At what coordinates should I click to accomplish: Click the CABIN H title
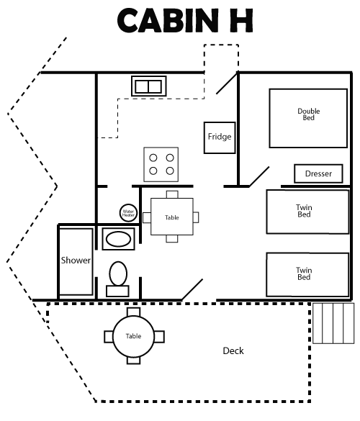(185, 20)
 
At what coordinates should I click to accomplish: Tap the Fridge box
(220, 137)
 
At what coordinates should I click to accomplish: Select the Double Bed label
(309, 114)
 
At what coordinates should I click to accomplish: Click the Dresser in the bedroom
(318, 173)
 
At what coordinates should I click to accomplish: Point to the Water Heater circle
(128, 213)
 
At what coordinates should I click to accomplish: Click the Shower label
(76, 261)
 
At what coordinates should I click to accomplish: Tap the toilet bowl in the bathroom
(118, 273)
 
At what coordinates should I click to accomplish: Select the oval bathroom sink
(118, 239)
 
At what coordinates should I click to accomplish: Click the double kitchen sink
(148, 86)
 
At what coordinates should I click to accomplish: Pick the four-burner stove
(161, 164)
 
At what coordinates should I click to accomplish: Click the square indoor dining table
(172, 217)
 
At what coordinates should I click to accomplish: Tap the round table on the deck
(133, 336)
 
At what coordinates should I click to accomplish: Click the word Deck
(233, 350)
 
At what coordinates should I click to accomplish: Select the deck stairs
(333, 323)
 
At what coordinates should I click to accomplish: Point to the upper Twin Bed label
(304, 211)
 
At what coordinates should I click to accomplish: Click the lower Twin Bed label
(304, 273)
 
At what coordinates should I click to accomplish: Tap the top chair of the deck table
(133, 312)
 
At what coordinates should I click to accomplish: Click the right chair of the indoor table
(196, 217)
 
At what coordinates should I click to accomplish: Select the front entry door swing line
(192, 290)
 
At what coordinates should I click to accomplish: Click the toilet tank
(117, 291)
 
